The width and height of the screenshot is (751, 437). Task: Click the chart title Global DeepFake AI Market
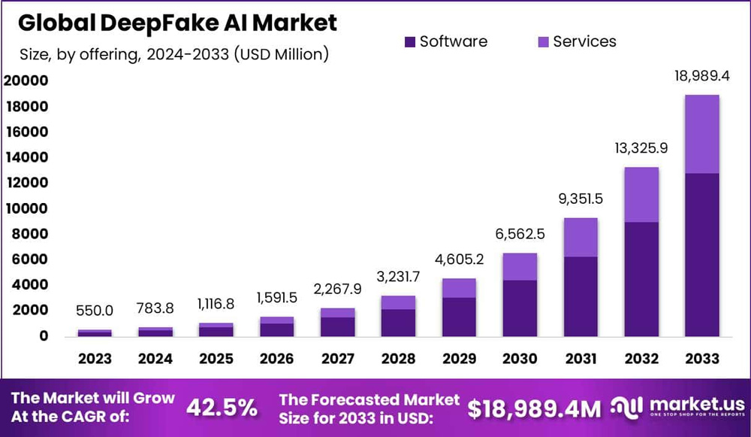[x=177, y=23]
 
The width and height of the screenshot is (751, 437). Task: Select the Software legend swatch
[x=409, y=41]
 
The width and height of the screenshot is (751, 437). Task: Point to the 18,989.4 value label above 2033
[x=701, y=78]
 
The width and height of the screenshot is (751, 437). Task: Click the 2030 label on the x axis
[x=520, y=359]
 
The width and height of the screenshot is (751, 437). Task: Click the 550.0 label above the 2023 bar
[x=95, y=311]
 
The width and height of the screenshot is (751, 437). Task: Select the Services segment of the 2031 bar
[x=581, y=237]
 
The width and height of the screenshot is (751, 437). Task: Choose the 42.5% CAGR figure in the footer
[x=222, y=408]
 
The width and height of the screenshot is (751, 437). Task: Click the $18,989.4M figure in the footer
[x=534, y=408]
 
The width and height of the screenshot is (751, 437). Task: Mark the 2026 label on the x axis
[x=276, y=359]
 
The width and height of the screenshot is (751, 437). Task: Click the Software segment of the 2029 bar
[x=459, y=316]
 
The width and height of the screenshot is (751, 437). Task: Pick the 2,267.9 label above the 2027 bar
[x=337, y=290]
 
